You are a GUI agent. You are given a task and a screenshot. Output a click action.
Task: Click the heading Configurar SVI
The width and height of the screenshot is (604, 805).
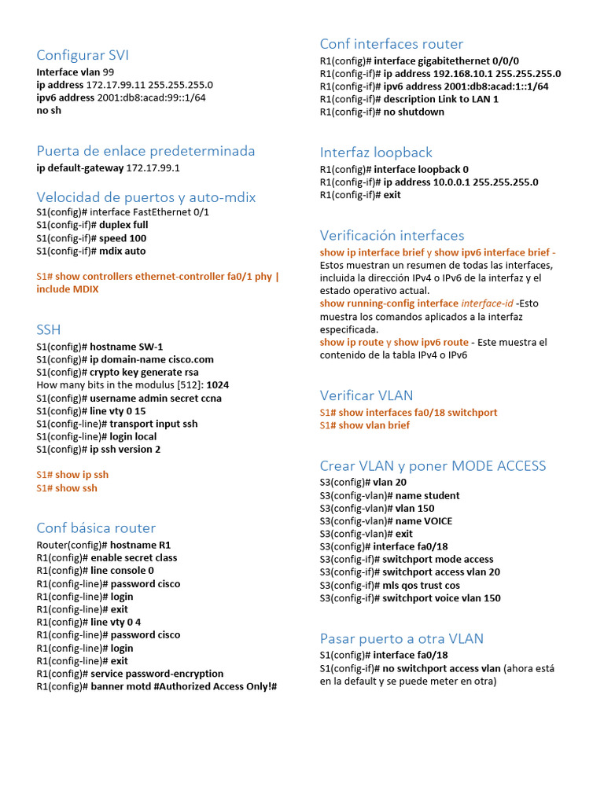point(83,55)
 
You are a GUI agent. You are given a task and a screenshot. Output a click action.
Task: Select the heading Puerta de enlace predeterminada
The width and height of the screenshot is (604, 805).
point(145,151)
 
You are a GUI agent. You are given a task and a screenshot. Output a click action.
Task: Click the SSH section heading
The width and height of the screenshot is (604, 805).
point(49,329)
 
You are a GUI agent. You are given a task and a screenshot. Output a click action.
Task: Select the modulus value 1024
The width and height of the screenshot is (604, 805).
point(218,385)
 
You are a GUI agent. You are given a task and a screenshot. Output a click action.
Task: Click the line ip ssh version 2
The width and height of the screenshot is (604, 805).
point(98,450)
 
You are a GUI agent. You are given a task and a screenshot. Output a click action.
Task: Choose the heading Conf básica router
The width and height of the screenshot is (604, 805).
point(96,528)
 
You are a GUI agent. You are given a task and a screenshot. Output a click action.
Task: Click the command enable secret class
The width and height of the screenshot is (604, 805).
point(134,558)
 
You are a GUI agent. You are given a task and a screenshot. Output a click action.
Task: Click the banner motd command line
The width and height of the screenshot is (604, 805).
point(157,686)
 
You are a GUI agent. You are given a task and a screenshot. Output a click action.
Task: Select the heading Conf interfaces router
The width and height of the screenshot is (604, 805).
point(392,44)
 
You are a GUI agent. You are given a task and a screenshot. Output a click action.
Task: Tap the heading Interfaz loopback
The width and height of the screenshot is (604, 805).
point(376,153)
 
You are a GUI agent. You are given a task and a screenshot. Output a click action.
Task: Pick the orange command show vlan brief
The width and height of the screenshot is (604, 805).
point(374,425)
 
